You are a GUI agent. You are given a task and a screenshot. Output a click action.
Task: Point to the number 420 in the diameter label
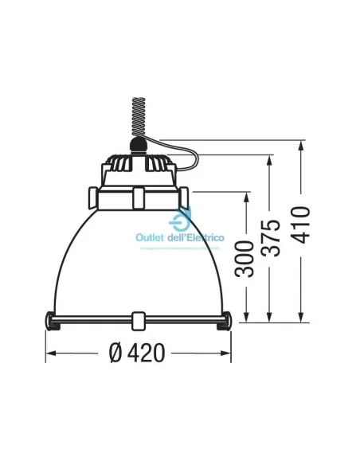click(x=148, y=354)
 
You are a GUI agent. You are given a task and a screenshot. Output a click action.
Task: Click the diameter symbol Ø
click(x=116, y=354)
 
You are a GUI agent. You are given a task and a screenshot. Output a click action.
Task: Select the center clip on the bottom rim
click(x=139, y=321)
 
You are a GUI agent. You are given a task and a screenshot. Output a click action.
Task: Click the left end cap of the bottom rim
click(x=53, y=321)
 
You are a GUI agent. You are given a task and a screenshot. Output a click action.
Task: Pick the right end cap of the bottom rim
click(x=225, y=321)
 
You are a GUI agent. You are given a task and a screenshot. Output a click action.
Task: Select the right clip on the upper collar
click(x=185, y=195)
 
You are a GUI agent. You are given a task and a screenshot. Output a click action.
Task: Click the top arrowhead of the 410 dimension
click(x=300, y=147)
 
